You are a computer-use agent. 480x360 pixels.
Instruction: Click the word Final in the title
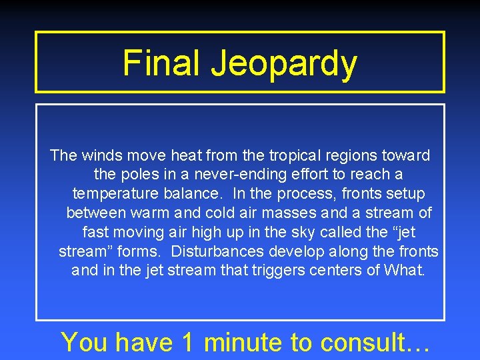pos(162,63)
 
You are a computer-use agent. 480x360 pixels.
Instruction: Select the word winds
pos(101,156)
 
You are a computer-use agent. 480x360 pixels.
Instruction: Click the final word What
pos(403,271)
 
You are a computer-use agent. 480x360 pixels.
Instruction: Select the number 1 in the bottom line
pos(187,343)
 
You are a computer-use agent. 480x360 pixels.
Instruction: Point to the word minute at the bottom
pos(243,343)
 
